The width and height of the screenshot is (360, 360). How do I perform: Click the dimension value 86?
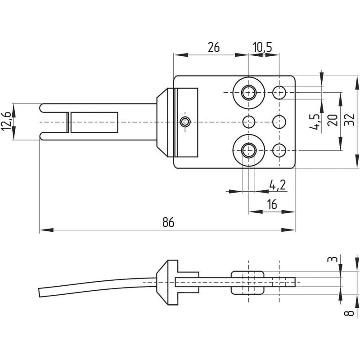click(168, 222)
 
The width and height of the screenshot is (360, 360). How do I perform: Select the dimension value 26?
click(214, 47)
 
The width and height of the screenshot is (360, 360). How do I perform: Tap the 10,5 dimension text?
click(262, 47)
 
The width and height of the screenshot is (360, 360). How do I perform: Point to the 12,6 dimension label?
click(6, 121)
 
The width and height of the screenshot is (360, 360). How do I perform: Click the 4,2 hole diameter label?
click(277, 185)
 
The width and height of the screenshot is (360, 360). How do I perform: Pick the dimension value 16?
click(272, 204)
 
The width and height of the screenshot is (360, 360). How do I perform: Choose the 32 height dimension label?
click(350, 119)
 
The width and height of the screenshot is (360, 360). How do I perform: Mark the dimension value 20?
click(333, 120)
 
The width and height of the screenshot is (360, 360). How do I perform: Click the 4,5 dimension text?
click(315, 121)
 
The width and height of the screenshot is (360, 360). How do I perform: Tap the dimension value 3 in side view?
click(333, 259)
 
